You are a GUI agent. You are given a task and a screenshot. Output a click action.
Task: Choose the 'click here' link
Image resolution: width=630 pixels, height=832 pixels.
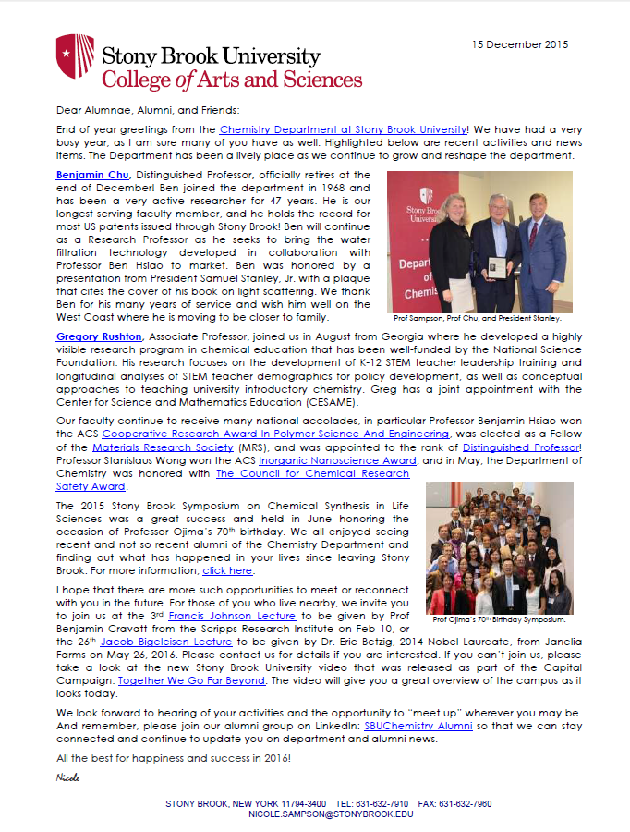227,570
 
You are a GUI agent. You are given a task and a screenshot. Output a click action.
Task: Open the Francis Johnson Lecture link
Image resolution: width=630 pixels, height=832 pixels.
231,616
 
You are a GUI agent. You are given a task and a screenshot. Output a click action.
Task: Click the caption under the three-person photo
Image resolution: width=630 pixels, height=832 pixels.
477,317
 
